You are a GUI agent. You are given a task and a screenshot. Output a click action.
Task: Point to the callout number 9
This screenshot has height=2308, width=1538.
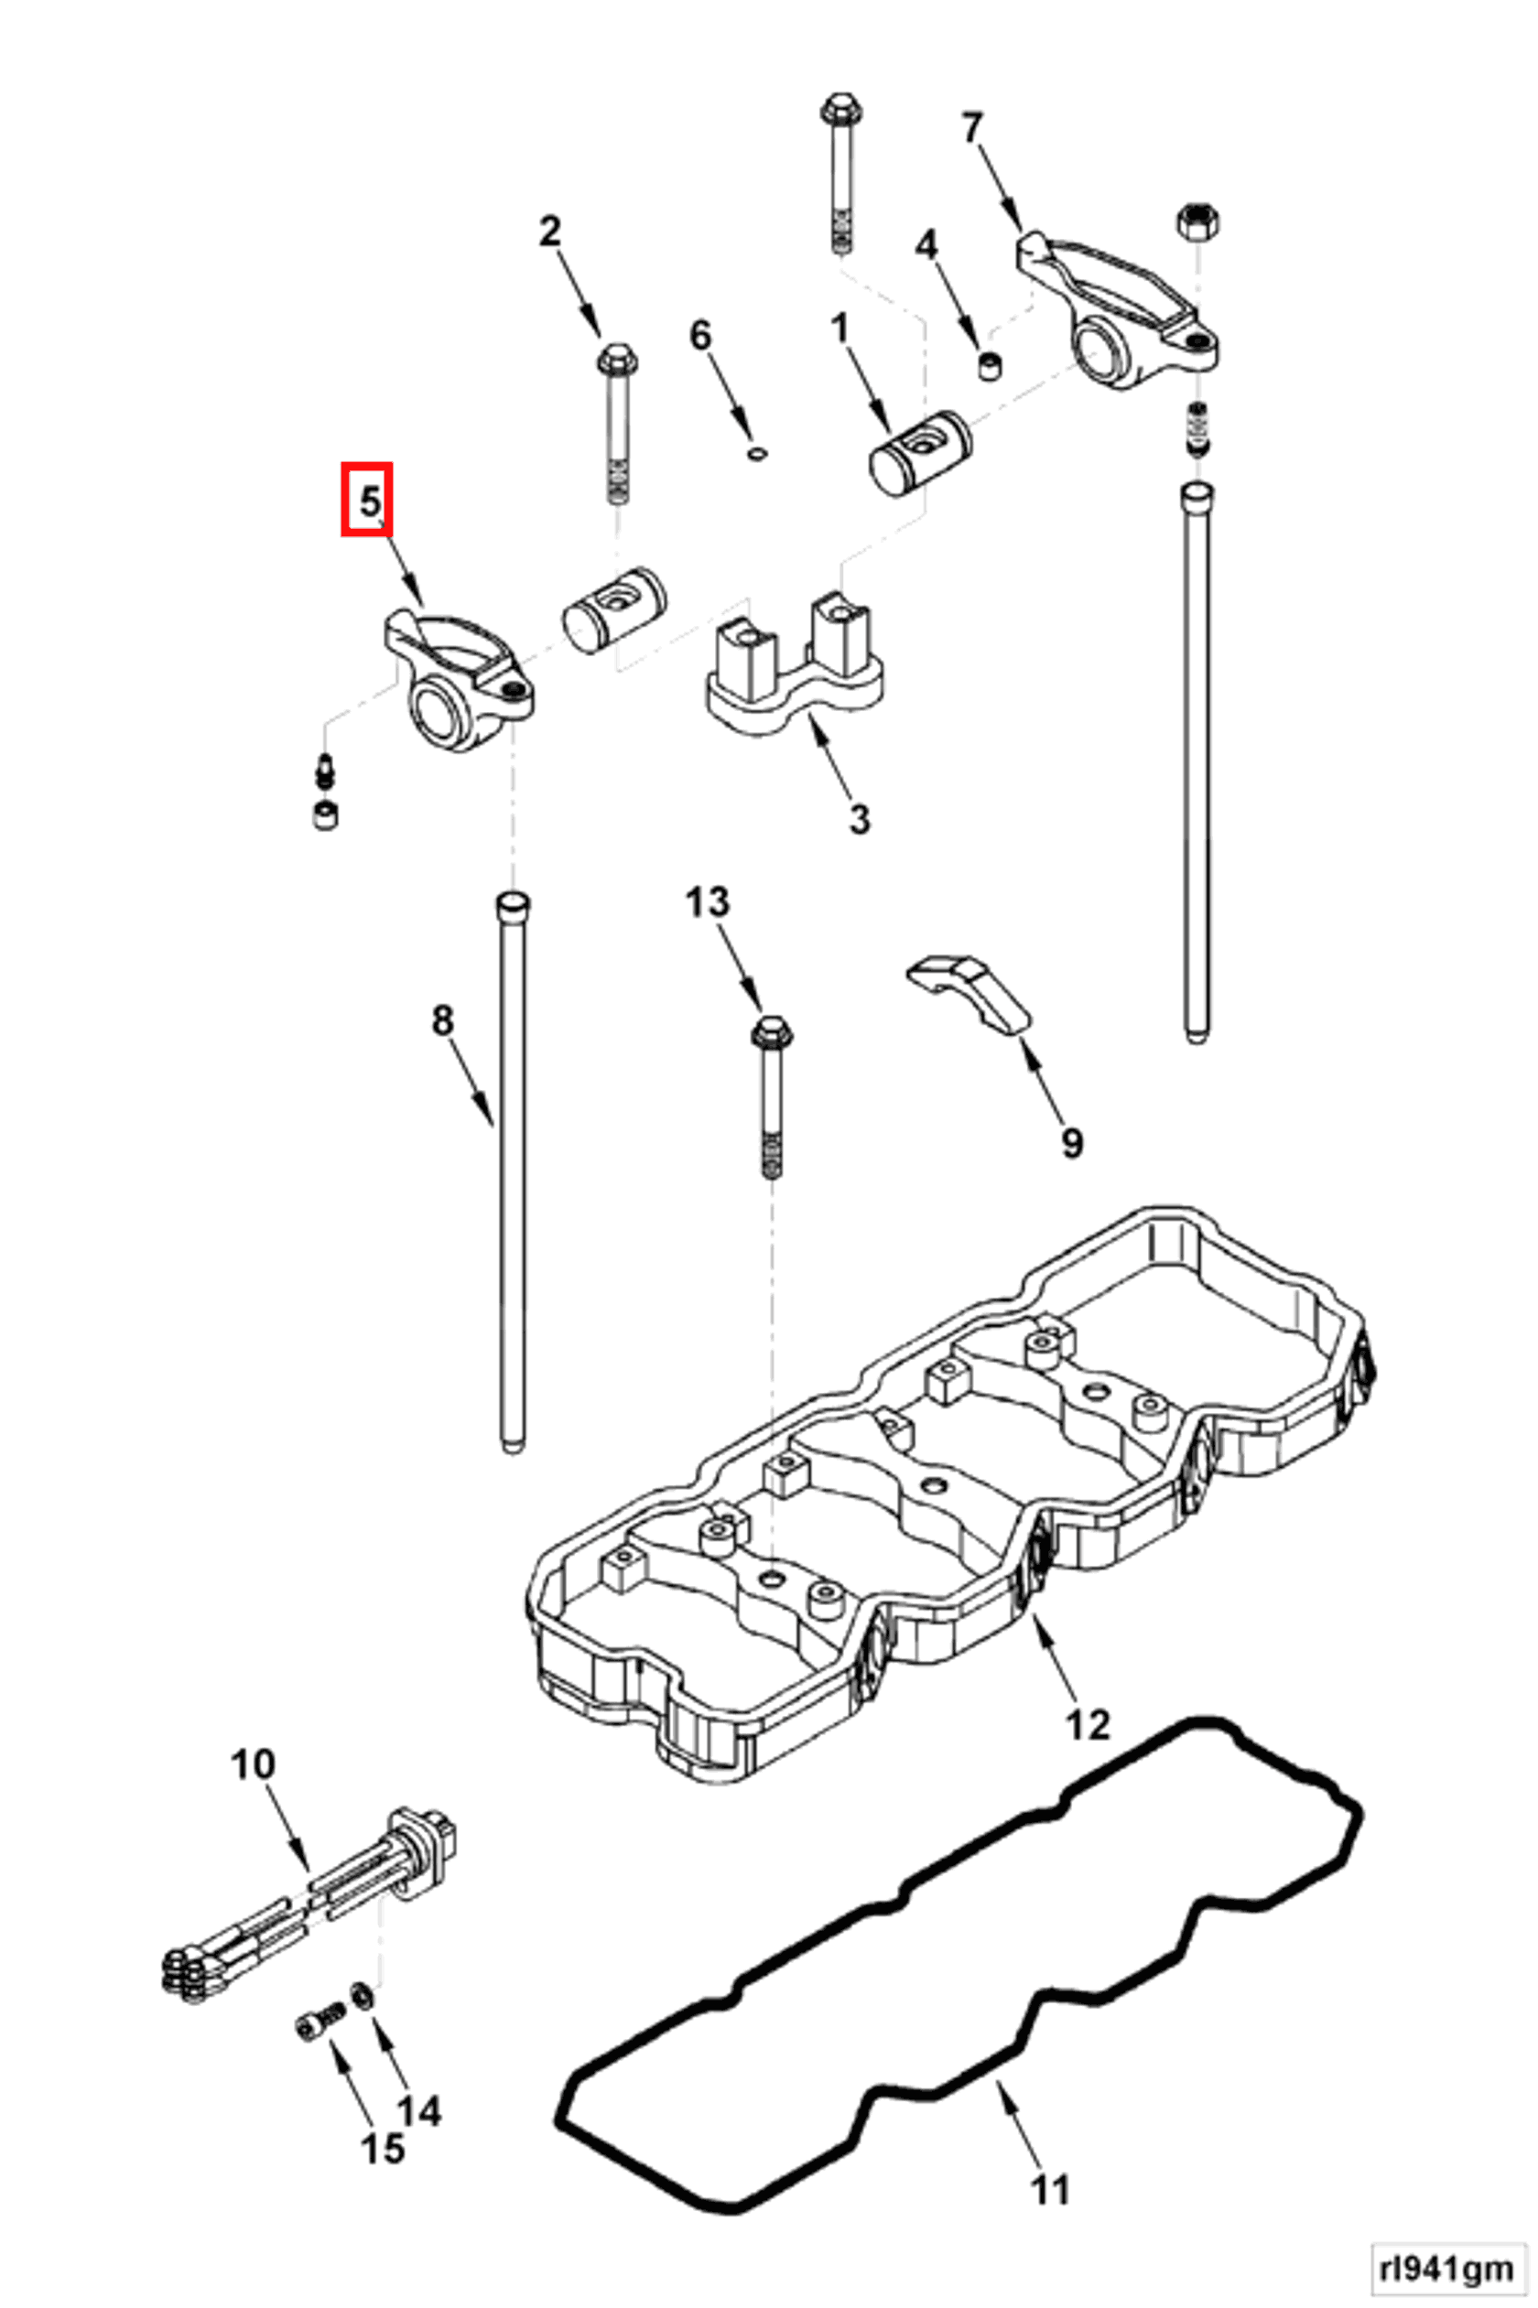(x=1071, y=1141)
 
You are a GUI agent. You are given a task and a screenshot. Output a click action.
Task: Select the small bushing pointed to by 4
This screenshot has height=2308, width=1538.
(x=992, y=366)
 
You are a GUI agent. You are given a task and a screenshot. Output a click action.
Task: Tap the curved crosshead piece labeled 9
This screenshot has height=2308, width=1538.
(x=967, y=991)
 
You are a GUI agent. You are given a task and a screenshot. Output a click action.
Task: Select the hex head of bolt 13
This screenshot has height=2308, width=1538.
(x=772, y=1031)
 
